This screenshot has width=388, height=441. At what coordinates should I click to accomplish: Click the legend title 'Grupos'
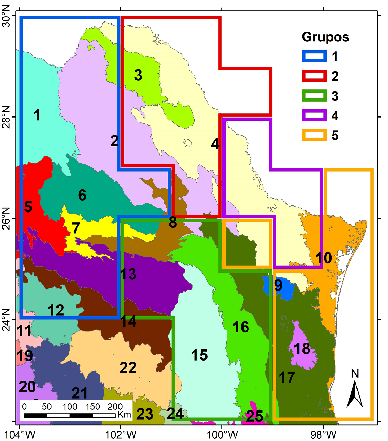point(325,37)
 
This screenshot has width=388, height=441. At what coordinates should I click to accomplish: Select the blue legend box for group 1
point(314,56)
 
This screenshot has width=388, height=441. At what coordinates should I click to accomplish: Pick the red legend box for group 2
point(314,76)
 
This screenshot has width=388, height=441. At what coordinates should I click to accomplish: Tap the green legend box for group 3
point(314,96)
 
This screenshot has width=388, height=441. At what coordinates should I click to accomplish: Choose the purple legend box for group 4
point(314,115)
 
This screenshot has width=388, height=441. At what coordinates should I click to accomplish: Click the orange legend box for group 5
point(314,135)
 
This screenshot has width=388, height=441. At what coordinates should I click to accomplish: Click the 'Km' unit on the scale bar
point(124,415)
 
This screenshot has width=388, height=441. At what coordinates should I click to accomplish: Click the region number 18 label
point(302,349)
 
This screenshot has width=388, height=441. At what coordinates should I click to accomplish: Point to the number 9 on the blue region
point(278,285)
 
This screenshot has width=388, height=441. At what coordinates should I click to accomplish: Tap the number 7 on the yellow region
point(76,228)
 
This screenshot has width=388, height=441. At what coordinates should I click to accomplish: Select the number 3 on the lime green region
point(138,75)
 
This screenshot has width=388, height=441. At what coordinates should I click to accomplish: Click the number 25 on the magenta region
point(254,416)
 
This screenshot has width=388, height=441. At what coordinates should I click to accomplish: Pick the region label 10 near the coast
point(324,258)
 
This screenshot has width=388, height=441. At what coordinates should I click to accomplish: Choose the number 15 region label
point(199,355)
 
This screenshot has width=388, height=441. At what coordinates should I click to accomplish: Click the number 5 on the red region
point(28,207)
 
